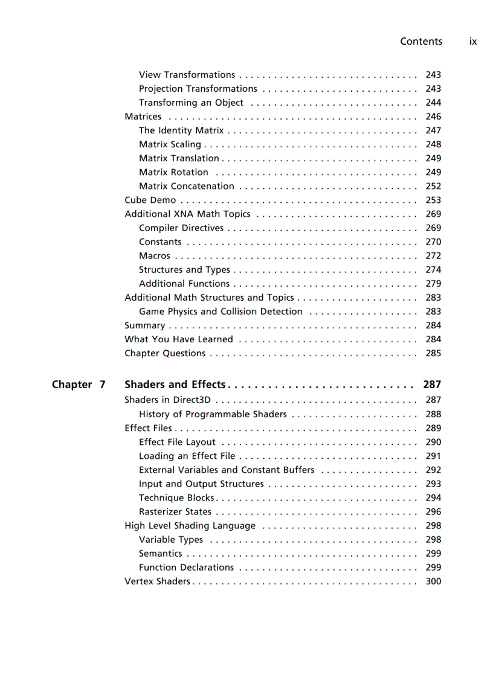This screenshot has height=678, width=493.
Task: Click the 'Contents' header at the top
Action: click(x=420, y=42)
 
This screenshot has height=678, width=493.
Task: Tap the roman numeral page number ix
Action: click(x=473, y=42)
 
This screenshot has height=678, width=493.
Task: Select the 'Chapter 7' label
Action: click(x=79, y=385)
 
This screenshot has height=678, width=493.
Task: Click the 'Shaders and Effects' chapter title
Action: click(x=175, y=385)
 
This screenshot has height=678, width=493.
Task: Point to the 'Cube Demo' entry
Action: click(x=150, y=200)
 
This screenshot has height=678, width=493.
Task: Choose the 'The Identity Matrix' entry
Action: click(x=181, y=130)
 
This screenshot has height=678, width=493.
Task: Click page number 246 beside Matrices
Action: click(x=433, y=117)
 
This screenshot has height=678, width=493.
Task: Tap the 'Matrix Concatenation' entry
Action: click(x=186, y=187)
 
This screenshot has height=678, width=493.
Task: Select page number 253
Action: click(x=433, y=200)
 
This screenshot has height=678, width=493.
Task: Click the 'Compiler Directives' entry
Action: click(x=181, y=228)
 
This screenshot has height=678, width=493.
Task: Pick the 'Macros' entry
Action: click(x=154, y=256)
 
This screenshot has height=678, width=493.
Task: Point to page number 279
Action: click(x=433, y=284)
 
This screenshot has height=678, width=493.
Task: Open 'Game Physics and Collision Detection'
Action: click(x=221, y=312)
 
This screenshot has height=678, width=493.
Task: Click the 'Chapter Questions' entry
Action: click(x=164, y=354)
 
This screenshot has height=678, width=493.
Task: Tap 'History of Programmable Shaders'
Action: click(x=213, y=414)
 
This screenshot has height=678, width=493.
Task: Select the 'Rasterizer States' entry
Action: click(x=175, y=512)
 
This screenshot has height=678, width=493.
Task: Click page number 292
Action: click(x=433, y=470)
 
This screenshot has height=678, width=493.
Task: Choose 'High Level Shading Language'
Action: click(x=190, y=526)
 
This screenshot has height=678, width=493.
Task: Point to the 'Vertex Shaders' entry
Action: click(x=157, y=581)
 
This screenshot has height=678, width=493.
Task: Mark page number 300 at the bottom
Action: click(x=433, y=581)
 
